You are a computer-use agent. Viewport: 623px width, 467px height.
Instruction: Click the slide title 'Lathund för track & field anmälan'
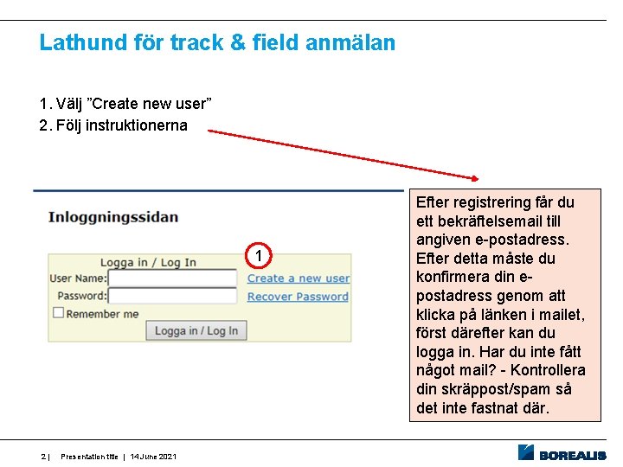[x=217, y=42]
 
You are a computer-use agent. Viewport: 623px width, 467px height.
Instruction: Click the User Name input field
[x=172, y=278]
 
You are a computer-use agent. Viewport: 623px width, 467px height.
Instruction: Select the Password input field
[x=172, y=296]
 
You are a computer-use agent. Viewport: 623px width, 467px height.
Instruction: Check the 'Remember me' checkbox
[x=59, y=313]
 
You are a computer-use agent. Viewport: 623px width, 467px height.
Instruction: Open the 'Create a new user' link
[x=299, y=278]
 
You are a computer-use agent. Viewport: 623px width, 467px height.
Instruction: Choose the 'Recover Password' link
[x=298, y=297]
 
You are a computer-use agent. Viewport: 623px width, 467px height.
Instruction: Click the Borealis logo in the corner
[x=562, y=452]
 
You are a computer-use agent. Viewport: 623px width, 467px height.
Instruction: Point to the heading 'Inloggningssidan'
[x=113, y=217]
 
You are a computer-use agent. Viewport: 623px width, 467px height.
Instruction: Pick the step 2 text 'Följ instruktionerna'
[x=121, y=125]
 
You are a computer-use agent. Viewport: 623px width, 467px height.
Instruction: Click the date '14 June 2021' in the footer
[x=155, y=457]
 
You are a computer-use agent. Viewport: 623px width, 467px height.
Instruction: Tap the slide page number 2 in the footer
[x=44, y=457]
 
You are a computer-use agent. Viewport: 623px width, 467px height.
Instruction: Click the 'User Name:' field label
[x=78, y=278]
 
